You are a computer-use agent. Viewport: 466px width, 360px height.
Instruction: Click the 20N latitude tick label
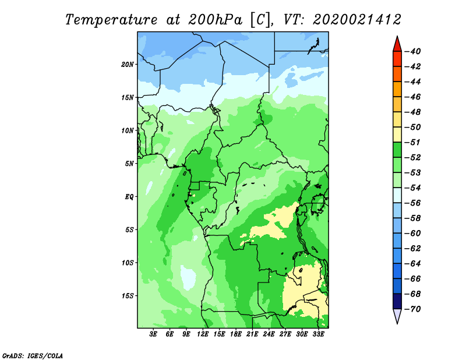pos(127,65)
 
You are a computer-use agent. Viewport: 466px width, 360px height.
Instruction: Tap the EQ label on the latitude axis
pos(129,197)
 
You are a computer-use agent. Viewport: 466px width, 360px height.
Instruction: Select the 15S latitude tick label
pos(128,296)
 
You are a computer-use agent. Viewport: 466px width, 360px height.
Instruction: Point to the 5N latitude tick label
pos(129,164)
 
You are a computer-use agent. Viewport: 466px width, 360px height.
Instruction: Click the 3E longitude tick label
pos(153,334)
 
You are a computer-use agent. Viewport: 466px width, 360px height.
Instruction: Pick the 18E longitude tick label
pos(236,334)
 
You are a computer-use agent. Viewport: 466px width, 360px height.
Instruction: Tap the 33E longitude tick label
pos(318,334)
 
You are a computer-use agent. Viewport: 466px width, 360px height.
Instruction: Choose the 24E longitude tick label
pos(269,334)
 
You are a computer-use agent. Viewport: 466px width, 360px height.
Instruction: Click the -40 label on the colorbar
pos(413,51)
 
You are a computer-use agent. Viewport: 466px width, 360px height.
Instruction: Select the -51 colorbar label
pos(413,142)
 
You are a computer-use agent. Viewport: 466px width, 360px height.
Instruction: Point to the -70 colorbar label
pos(413,309)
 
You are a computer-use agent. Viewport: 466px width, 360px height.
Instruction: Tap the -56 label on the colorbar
pos(413,203)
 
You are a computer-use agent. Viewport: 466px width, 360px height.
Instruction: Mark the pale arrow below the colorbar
pos(397,315)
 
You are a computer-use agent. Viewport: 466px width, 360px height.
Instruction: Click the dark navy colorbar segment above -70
pos(397,301)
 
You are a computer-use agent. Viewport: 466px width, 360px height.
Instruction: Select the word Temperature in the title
pos(111,20)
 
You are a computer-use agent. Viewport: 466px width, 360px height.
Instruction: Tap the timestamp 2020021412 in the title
pos(357,20)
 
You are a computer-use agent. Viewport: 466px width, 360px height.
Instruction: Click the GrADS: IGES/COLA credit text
pos(33,356)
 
